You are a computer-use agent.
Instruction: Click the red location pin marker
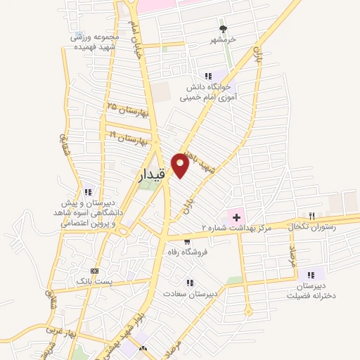point(180,166)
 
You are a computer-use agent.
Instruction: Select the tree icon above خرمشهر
point(224,29)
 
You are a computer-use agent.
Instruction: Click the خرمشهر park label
point(224,40)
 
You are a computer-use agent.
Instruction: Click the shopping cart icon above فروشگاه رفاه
point(186,242)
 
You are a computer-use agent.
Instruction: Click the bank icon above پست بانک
point(94,271)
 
